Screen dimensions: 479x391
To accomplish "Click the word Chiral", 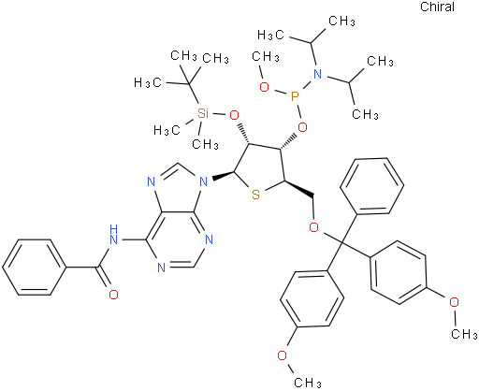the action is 437,7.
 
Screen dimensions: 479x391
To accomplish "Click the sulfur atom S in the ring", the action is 255,195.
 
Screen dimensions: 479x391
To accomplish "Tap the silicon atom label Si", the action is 203,113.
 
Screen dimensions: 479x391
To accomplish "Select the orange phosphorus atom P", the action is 295,96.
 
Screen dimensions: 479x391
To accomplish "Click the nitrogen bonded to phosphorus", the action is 317,74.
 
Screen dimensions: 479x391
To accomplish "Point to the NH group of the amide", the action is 113,235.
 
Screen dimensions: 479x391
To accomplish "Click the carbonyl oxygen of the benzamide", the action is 113,295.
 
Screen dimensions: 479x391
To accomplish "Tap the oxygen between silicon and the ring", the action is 234,115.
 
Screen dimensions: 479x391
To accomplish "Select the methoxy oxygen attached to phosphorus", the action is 264,87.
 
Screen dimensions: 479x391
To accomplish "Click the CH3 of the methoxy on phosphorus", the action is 266,57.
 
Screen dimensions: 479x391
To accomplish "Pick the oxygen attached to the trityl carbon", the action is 313,227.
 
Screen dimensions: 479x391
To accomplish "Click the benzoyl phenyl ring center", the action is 35,267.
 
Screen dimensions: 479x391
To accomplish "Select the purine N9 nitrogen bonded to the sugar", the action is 203,181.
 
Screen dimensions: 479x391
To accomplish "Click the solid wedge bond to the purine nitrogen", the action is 223,176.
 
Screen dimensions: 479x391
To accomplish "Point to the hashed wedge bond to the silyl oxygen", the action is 243,135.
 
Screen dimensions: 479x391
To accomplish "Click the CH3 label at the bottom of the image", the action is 308,383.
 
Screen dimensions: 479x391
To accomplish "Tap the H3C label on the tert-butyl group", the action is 148,82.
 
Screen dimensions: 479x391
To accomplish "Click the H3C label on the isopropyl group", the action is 271,35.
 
